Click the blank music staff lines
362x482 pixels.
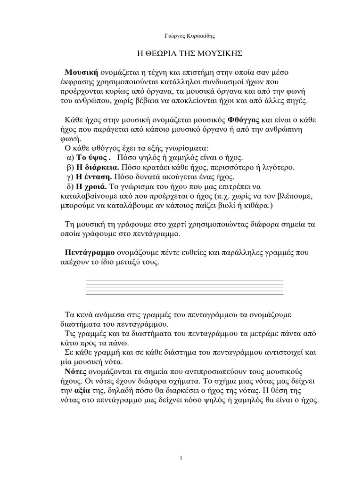point(184,288)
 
